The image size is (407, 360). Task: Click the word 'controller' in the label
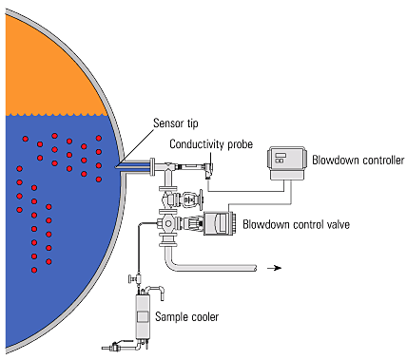pyautogui.click(x=376, y=160)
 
